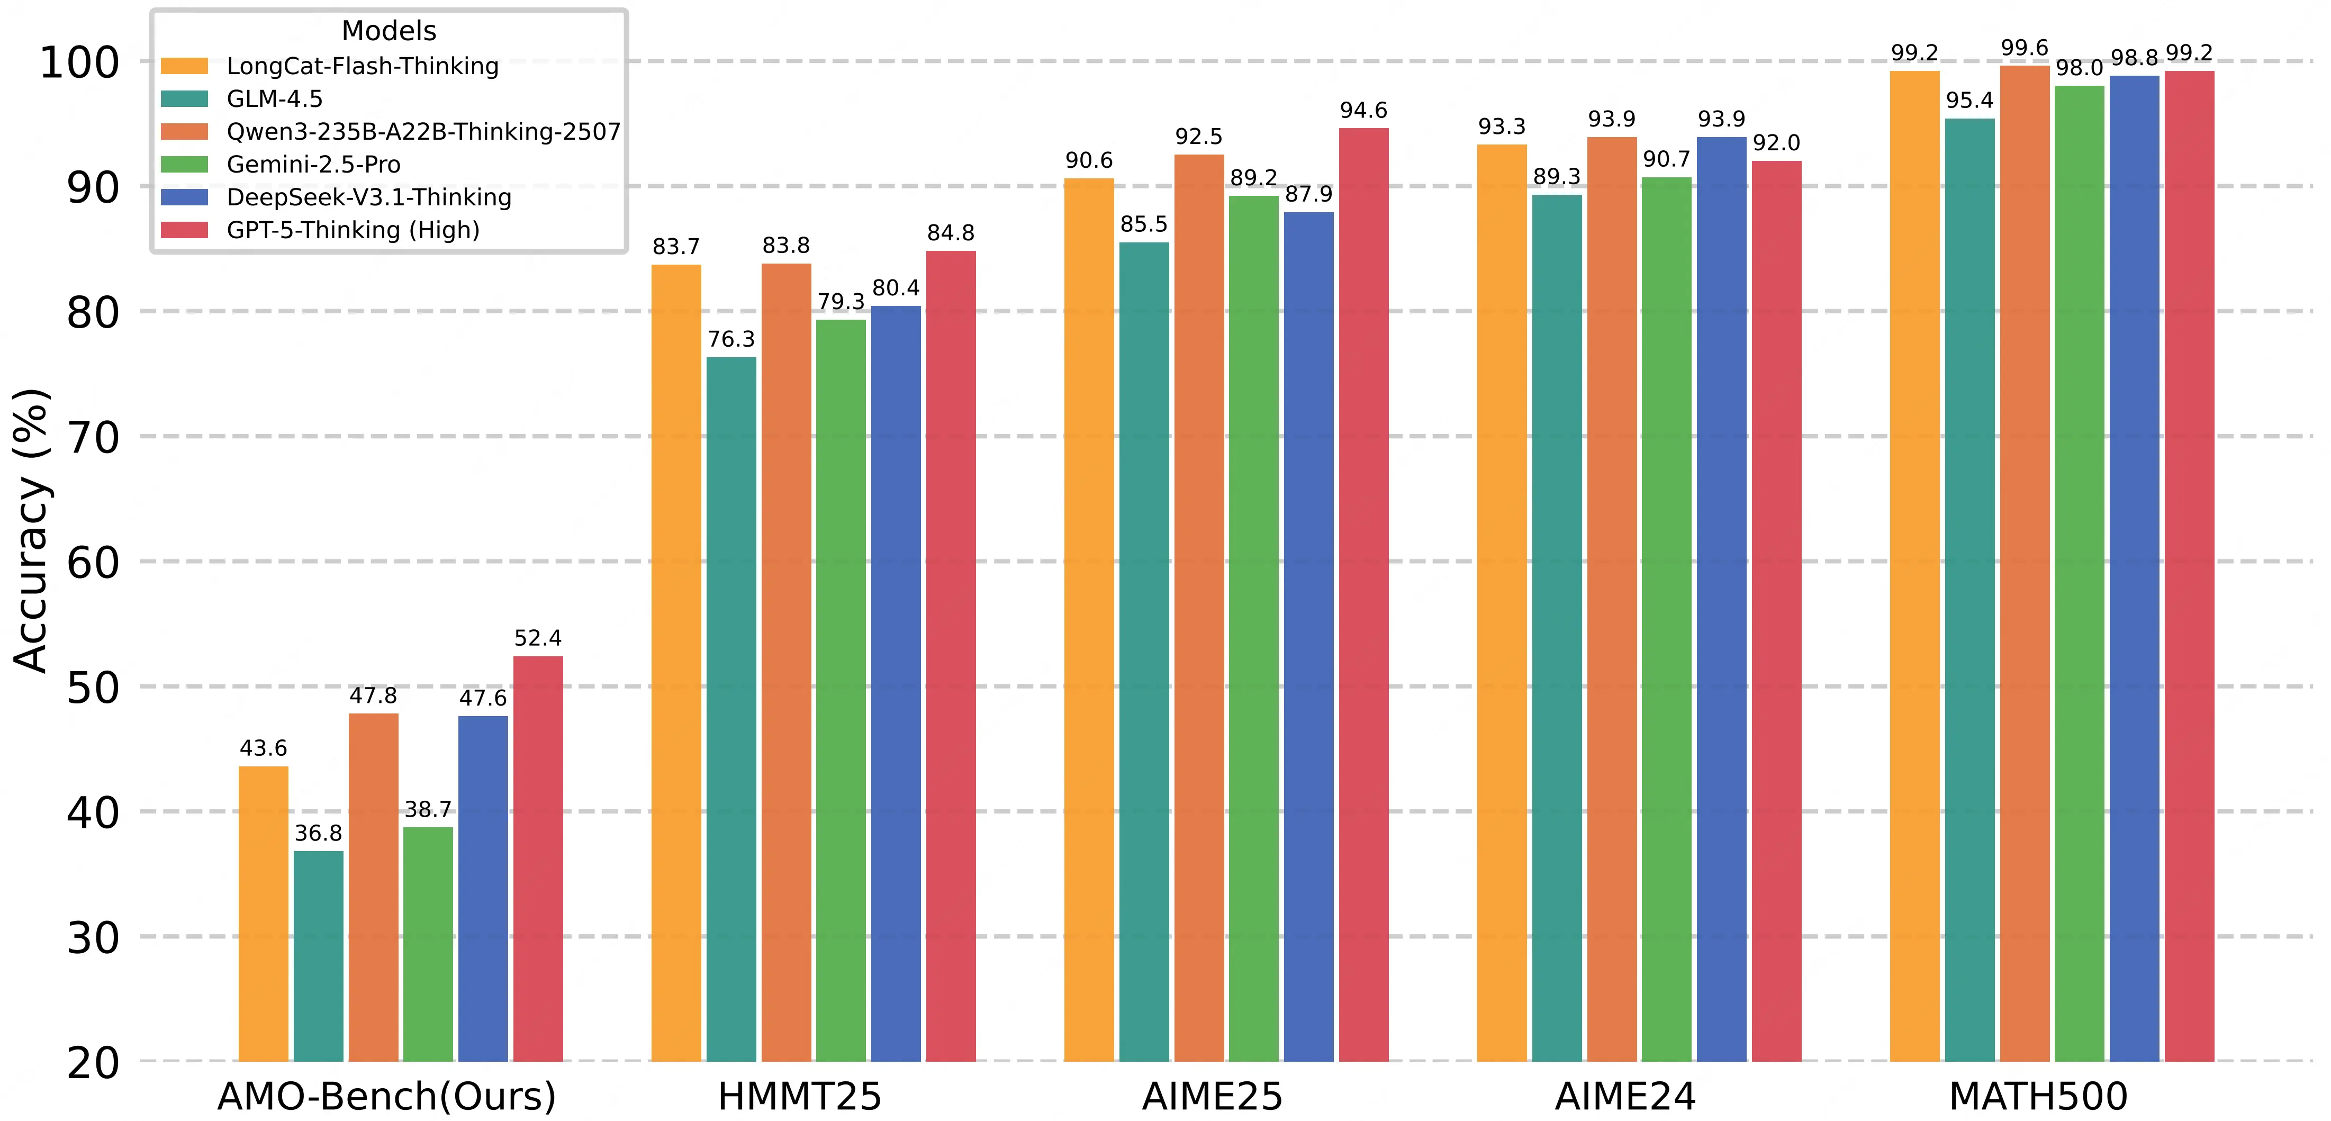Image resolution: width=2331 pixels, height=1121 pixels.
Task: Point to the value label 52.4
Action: coord(538,639)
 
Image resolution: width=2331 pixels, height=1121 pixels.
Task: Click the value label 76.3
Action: coord(731,339)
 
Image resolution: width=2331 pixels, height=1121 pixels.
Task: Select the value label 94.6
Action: coord(1363,111)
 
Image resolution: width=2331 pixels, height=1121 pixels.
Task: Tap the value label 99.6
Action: coord(2024,48)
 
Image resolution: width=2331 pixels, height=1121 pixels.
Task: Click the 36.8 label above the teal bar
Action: coord(319,833)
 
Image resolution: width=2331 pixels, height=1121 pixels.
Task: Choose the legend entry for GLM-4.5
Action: coord(274,98)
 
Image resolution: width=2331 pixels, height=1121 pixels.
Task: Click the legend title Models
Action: coord(389,31)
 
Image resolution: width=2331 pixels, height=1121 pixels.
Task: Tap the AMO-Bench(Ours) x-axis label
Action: coord(386,1097)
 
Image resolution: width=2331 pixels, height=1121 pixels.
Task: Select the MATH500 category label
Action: coord(2038,1097)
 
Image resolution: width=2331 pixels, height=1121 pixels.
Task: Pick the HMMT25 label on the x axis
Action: coord(799,1097)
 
